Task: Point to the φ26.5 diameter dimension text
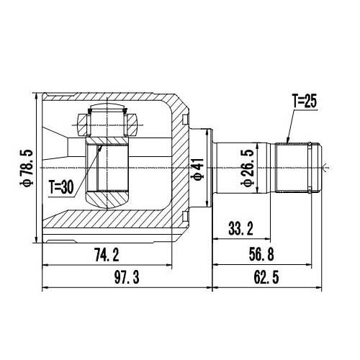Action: (x=248, y=168)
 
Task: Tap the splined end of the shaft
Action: (x=297, y=167)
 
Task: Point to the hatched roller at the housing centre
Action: (x=108, y=173)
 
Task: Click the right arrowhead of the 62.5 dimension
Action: (x=320, y=287)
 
